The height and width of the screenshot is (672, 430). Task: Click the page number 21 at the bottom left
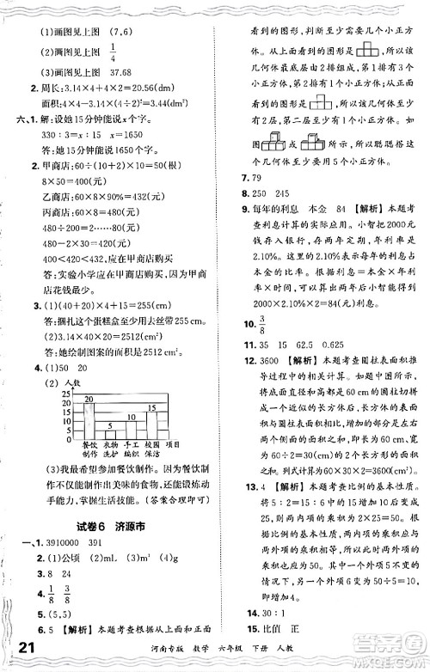click(x=25, y=646)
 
